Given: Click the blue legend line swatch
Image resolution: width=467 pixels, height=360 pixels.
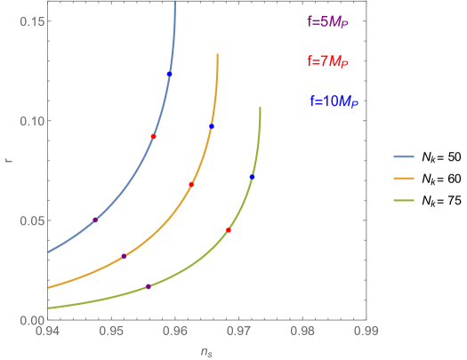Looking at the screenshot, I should point(405,156).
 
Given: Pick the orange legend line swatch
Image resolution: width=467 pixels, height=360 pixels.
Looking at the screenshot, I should point(405,178).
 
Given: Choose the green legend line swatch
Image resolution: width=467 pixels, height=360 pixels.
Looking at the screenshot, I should point(405,200).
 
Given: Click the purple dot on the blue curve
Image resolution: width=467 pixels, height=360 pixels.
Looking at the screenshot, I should point(95,220).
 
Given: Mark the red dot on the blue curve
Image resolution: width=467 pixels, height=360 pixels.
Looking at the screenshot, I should point(154,137).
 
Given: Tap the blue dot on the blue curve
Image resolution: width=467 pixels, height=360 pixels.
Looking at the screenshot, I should point(169,74).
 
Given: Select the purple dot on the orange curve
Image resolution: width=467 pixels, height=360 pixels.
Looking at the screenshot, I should point(124,256).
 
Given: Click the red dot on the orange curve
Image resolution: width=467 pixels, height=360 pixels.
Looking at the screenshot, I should point(191,185).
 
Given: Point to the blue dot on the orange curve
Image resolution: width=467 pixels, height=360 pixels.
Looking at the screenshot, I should point(212,127).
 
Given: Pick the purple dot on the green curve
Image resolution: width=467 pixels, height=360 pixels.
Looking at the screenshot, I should point(149,286).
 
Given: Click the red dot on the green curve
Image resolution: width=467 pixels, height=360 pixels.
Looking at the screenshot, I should point(229,230).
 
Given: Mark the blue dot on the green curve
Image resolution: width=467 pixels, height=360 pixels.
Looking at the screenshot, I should point(252,177).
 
